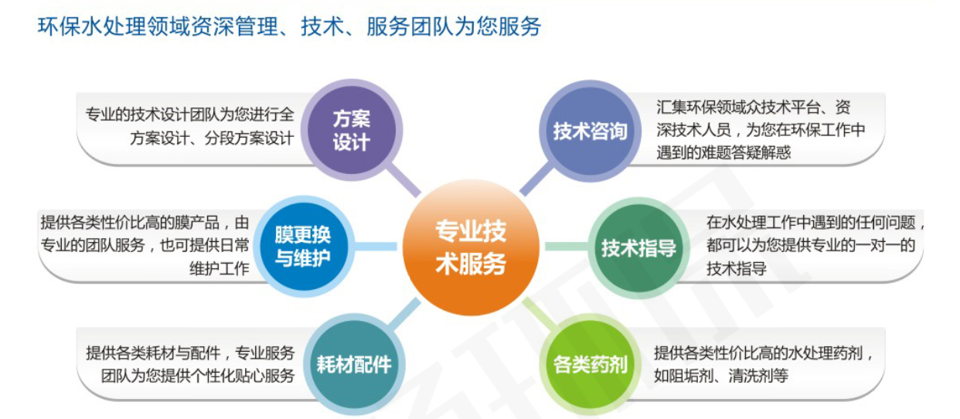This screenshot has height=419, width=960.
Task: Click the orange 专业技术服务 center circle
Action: [x=471, y=247]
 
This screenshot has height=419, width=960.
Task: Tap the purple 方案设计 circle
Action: [x=352, y=130]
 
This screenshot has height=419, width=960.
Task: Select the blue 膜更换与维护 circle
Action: [x=304, y=247]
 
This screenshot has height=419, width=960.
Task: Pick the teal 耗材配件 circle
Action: [x=354, y=364]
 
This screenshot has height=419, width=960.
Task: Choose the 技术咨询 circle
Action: [x=590, y=131]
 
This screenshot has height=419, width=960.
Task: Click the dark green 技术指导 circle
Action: [x=638, y=247]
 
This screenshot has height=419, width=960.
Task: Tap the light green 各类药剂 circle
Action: [x=590, y=365]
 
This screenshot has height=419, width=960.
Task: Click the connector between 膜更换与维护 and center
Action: [x=376, y=247]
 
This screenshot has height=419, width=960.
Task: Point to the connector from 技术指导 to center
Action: [x=567, y=247]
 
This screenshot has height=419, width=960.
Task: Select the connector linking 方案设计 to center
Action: [x=403, y=180]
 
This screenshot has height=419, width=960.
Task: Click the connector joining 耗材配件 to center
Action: [x=404, y=314]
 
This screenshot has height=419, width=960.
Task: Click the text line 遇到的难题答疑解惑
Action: [x=723, y=153]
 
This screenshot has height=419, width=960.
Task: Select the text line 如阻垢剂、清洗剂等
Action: [x=721, y=376]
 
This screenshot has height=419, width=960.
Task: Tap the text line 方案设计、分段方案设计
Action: [x=212, y=138]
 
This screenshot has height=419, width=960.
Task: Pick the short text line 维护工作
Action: [x=220, y=268]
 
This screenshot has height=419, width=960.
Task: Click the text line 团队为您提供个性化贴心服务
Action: [x=198, y=376]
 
